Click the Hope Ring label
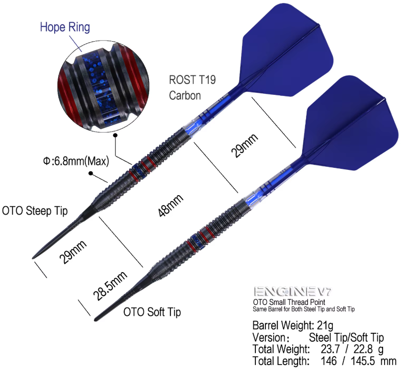pyautogui.click(x=65, y=27)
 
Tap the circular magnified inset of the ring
pyautogui.click(x=103, y=86)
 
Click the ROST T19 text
pyautogui.click(x=192, y=80)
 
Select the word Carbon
pyautogui.click(x=185, y=95)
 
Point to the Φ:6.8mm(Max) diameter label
pyautogui.click(x=76, y=161)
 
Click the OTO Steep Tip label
pyautogui.click(x=35, y=211)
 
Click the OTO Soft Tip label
pyautogui.click(x=152, y=312)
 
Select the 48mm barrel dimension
pyautogui.click(x=170, y=206)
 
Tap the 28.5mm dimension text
pyautogui.click(x=110, y=286)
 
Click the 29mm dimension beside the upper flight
pyautogui.click(x=244, y=146)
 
